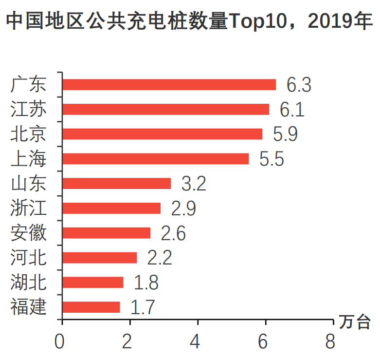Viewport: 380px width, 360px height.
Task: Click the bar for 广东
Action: [x=169, y=85]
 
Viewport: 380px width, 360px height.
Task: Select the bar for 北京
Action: [x=163, y=134]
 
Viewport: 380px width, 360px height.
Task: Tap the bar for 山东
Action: [x=117, y=183]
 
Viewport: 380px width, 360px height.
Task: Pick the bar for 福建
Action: [x=91, y=307]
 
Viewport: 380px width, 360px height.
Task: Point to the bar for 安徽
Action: [x=107, y=233]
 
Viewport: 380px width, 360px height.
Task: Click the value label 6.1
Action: [x=292, y=110]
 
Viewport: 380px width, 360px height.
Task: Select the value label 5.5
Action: [x=271, y=159]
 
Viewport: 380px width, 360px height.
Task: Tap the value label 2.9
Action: [x=183, y=208]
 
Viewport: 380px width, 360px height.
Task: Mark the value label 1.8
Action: [x=146, y=283]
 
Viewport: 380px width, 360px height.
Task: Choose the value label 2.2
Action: [x=160, y=258]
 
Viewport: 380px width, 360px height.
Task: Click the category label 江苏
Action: [x=29, y=109]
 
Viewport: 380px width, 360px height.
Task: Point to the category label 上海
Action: [x=29, y=159]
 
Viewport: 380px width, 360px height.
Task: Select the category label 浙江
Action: [x=29, y=208]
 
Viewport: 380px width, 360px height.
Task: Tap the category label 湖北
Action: [x=29, y=282]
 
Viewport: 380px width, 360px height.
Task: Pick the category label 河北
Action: [x=29, y=257]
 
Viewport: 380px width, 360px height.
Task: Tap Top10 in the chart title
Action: [x=253, y=22]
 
